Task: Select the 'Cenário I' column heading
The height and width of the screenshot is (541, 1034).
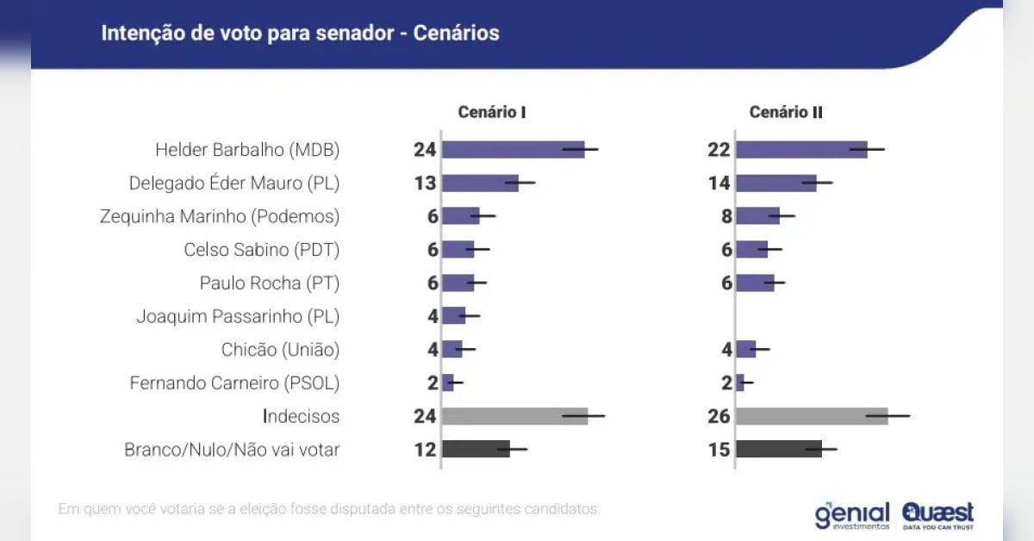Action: pos(492,113)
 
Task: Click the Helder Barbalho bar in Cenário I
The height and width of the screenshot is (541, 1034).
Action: pos(513,150)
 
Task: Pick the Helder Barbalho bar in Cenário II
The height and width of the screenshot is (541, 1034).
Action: pos(801,150)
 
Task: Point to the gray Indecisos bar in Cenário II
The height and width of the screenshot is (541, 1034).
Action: pos(812,416)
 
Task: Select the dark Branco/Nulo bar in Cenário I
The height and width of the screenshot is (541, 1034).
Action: pos(476,450)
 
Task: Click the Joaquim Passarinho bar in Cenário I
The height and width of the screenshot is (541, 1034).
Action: pos(453,316)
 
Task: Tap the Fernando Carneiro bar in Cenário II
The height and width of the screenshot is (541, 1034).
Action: pos(740,383)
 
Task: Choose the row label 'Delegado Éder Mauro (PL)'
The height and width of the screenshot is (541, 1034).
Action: pos(234,183)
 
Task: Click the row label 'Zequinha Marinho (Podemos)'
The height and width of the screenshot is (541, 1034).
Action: pos(220,216)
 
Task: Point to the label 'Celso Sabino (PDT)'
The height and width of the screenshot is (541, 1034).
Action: pos(262,250)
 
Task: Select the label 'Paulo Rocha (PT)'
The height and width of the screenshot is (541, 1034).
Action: pos(270,283)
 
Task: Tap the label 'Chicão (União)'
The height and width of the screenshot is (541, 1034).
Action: pos(280,350)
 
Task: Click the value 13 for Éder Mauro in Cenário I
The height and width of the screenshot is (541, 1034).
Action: pos(425,183)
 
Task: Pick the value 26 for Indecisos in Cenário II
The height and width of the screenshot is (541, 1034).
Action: pos(719,416)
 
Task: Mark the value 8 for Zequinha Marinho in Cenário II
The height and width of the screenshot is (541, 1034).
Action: pos(726,216)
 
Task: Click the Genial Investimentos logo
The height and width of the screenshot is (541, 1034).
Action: pos(852,514)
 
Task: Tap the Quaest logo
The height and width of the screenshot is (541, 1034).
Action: pos(938,514)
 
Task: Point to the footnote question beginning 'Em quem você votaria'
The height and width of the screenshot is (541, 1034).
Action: pos(328,509)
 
